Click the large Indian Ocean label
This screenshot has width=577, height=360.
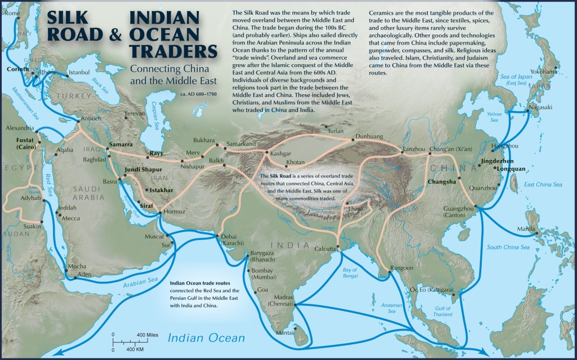coord(207,338)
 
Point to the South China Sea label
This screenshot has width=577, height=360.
coord(508,247)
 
